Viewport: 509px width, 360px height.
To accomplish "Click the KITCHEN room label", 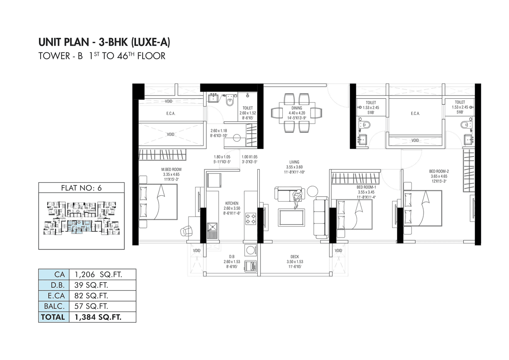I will coord(231,203).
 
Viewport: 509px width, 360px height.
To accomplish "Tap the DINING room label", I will coord(296,108).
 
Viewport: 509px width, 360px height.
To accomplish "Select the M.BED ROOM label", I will coord(171,169).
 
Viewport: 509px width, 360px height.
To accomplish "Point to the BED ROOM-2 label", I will coord(439,171).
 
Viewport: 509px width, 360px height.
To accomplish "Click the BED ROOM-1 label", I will coord(364,187).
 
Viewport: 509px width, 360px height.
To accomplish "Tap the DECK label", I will coord(294,257).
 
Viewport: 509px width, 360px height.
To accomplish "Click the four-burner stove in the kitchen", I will coord(251,219).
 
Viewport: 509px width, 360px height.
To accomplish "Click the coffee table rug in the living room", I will coord(291,217).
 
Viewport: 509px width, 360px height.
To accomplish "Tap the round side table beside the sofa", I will coord(312,191).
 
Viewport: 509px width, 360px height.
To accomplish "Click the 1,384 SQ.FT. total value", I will coord(97,317).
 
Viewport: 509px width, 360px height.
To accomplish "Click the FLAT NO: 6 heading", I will coord(82,188).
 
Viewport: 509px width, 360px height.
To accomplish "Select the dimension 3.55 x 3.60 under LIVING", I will coord(294,167).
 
